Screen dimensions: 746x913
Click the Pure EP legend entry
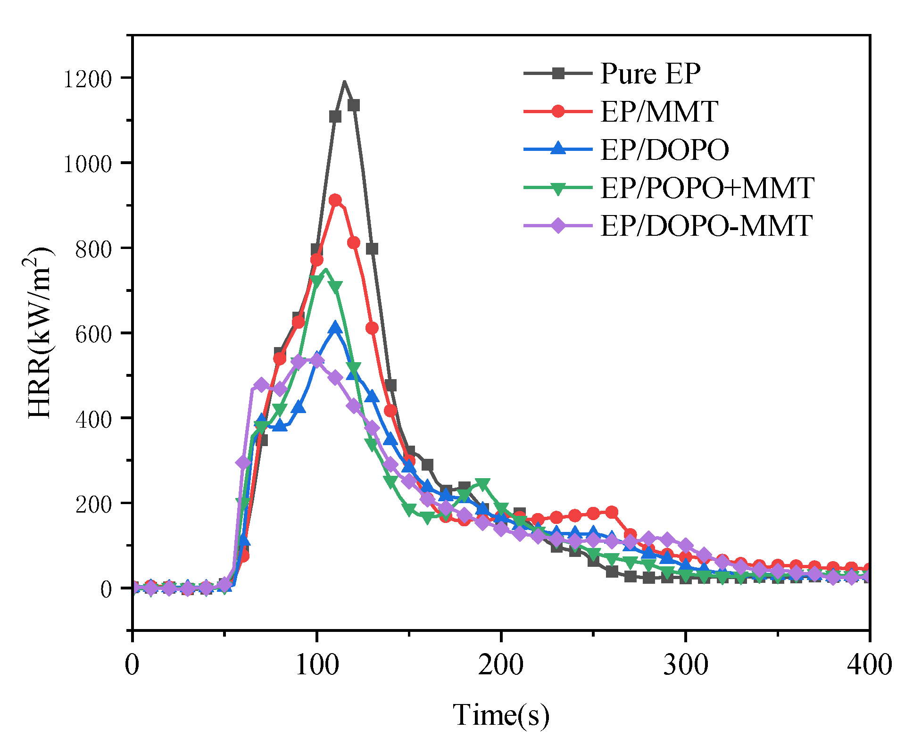pyautogui.click(x=650, y=74)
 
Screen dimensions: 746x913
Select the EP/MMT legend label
pyautogui.click(x=659, y=112)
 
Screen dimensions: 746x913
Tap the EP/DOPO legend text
pyautogui.click(x=664, y=150)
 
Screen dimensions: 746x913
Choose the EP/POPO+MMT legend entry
pyautogui.click(x=707, y=188)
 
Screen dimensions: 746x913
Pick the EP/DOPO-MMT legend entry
pyautogui.click(x=706, y=226)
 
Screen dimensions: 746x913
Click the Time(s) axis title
pyautogui.click(x=501, y=715)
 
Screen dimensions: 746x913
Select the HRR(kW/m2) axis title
pyautogui.click(x=40, y=332)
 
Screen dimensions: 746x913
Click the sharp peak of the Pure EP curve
pyautogui.click(x=344, y=83)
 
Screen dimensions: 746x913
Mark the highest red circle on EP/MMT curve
pyautogui.click(x=335, y=200)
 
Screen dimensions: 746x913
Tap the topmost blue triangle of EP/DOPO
pyautogui.click(x=335, y=327)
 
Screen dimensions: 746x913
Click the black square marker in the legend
pyautogui.click(x=558, y=74)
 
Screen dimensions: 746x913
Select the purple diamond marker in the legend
pyautogui.click(x=558, y=226)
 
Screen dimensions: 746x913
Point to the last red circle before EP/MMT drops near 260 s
pyautogui.click(x=612, y=512)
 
